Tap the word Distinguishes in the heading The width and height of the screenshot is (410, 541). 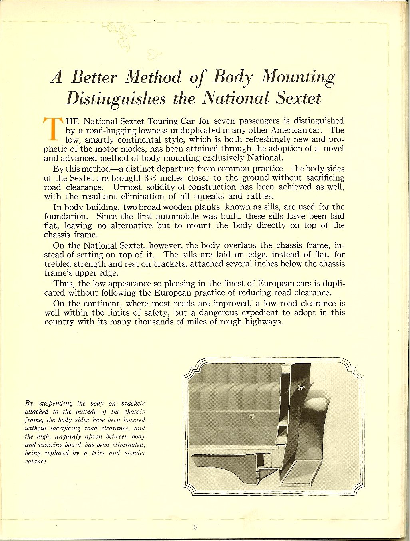tap(115, 98)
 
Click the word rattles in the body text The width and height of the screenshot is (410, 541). tap(257, 196)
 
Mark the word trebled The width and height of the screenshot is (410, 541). tap(58, 264)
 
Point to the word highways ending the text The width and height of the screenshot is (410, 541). tap(264, 322)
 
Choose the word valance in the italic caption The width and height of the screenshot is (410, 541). tap(36, 461)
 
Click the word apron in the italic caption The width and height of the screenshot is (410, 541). tap(94, 437)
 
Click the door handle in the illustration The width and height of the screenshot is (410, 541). tap(302, 387)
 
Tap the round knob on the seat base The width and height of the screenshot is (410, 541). tap(252, 417)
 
